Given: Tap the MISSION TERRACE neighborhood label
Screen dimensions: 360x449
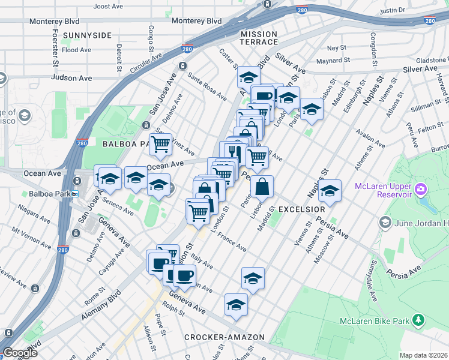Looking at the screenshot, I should click(259, 38).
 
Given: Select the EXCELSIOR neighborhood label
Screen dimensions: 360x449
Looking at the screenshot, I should click(301, 209).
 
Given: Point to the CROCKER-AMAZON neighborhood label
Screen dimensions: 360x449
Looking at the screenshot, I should click(224, 337).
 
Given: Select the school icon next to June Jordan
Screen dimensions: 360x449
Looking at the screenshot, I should click(385, 223).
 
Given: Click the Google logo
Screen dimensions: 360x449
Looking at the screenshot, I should click(20, 352).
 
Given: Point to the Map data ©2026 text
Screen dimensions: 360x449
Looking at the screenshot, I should click(423, 355).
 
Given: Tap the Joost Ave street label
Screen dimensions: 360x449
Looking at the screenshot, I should click(109, 6).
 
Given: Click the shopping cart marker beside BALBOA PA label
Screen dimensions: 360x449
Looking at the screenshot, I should click(160, 144).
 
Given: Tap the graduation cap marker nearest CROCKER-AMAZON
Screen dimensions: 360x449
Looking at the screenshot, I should click(236, 304).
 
